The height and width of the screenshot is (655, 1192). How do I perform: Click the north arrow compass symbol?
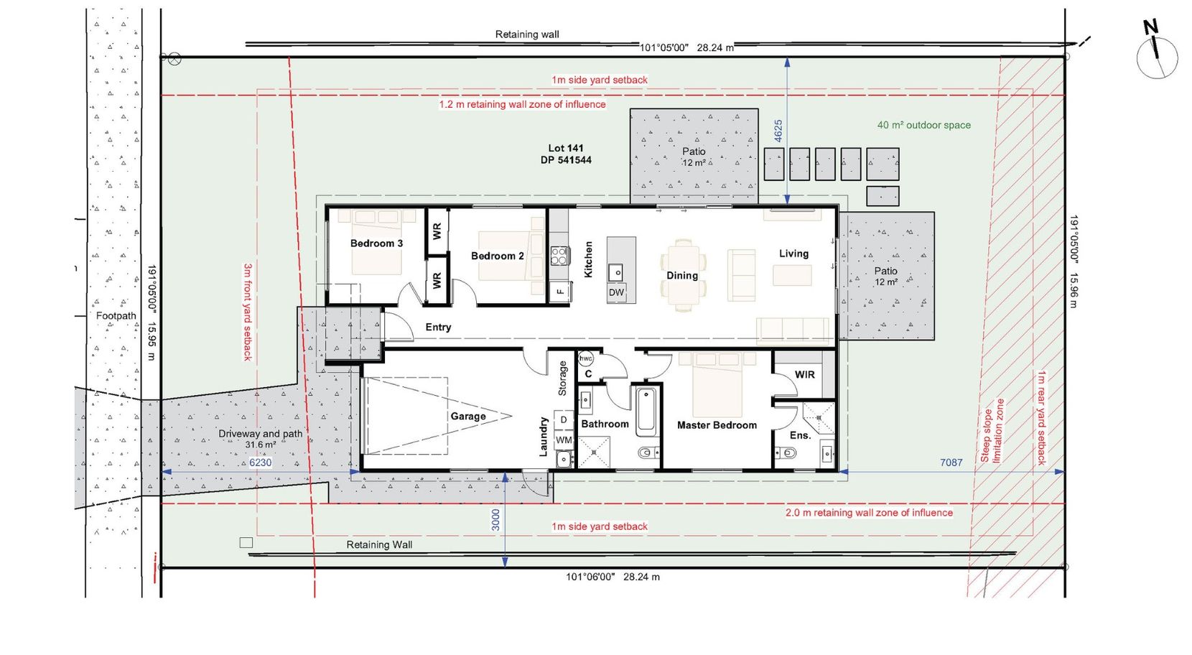point(1156,56)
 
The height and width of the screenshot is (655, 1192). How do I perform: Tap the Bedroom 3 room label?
point(376,243)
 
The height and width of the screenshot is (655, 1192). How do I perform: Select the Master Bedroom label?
point(716,425)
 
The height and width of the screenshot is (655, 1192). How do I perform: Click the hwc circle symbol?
point(585,358)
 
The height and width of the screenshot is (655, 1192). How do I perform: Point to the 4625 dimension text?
point(778,131)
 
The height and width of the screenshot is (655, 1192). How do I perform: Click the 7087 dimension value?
point(951,463)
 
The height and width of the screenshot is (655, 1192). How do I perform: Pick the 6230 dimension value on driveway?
point(260,463)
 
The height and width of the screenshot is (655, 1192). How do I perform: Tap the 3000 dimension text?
point(495,521)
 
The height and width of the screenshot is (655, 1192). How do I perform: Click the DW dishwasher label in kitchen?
point(616,292)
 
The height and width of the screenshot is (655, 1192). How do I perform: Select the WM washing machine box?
point(564,440)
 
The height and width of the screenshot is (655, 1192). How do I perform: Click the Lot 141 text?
point(566,149)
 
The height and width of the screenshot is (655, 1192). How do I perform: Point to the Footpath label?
point(116,316)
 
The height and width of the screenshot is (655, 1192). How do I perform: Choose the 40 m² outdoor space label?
point(923,125)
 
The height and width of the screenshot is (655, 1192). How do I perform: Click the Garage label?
point(467,417)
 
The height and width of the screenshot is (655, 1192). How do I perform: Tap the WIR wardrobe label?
point(804,375)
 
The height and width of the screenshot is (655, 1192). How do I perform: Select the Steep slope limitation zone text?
point(992,431)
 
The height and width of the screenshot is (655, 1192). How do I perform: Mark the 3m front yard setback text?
point(248,312)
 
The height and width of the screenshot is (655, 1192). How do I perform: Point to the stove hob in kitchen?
point(559,255)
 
